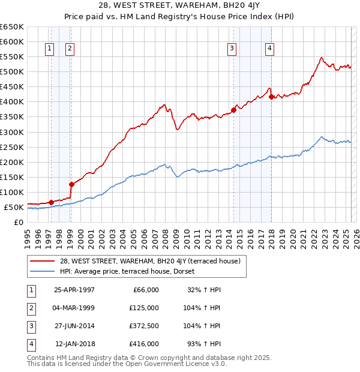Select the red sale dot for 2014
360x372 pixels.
point(233,110)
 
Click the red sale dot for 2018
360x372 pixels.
point(271,97)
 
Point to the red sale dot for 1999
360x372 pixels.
point(71,184)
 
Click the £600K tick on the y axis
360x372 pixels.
point(12,41)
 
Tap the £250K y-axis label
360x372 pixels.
point(12,147)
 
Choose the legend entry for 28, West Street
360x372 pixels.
point(149,261)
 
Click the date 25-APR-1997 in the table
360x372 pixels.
point(74,290)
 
